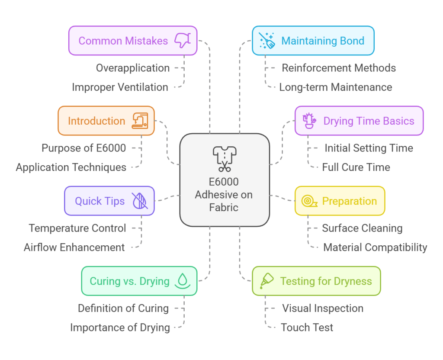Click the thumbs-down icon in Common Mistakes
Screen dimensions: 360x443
[x=183, y=41]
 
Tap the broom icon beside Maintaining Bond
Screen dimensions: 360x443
[x=267, y=41]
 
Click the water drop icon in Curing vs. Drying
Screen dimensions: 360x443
[x=183, y=281]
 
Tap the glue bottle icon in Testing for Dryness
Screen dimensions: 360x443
[x=267, y=281]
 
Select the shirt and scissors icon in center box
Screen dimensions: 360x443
[x=224, y=158]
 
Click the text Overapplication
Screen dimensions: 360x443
[x=133, y=68]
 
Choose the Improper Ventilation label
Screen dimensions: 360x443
[x=120, y=87]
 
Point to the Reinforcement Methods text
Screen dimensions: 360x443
[x=339, y=68]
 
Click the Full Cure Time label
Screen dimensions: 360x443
[x=356, y=167]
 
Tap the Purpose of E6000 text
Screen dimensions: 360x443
[x=84, y=148]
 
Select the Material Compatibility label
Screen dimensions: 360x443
[x=375, y=247]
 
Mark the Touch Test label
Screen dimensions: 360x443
[x=307, y=328]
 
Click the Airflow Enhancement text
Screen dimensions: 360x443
[x=74, y=247]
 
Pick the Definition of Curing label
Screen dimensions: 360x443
[x=123, y=309]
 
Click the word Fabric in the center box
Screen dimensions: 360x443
[x=224, y=207]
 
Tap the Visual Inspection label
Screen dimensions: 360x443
[x=323, y=309]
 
